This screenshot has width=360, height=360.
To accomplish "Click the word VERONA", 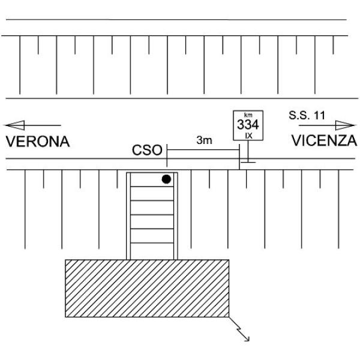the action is pos(38,142).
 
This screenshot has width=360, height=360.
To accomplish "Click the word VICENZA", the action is pos(324,141).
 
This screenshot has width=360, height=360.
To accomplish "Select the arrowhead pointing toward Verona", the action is pos(14,125).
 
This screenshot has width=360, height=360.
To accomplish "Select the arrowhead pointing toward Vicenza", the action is pos(346,125).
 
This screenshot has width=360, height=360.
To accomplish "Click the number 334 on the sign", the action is pos(247,125).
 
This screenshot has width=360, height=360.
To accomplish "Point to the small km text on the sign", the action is pos(247,115).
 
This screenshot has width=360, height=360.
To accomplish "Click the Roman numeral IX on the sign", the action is pos(247,136).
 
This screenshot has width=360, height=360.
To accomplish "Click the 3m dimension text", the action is pos(204,140).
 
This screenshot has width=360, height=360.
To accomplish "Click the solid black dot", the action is pos(166,179).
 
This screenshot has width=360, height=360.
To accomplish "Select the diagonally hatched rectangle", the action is pos(147,288).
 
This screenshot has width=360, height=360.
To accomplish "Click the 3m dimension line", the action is pos(204,147).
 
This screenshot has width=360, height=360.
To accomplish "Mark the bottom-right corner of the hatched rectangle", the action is pos(229,317).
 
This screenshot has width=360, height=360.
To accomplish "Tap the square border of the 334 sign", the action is pos(234,125).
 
